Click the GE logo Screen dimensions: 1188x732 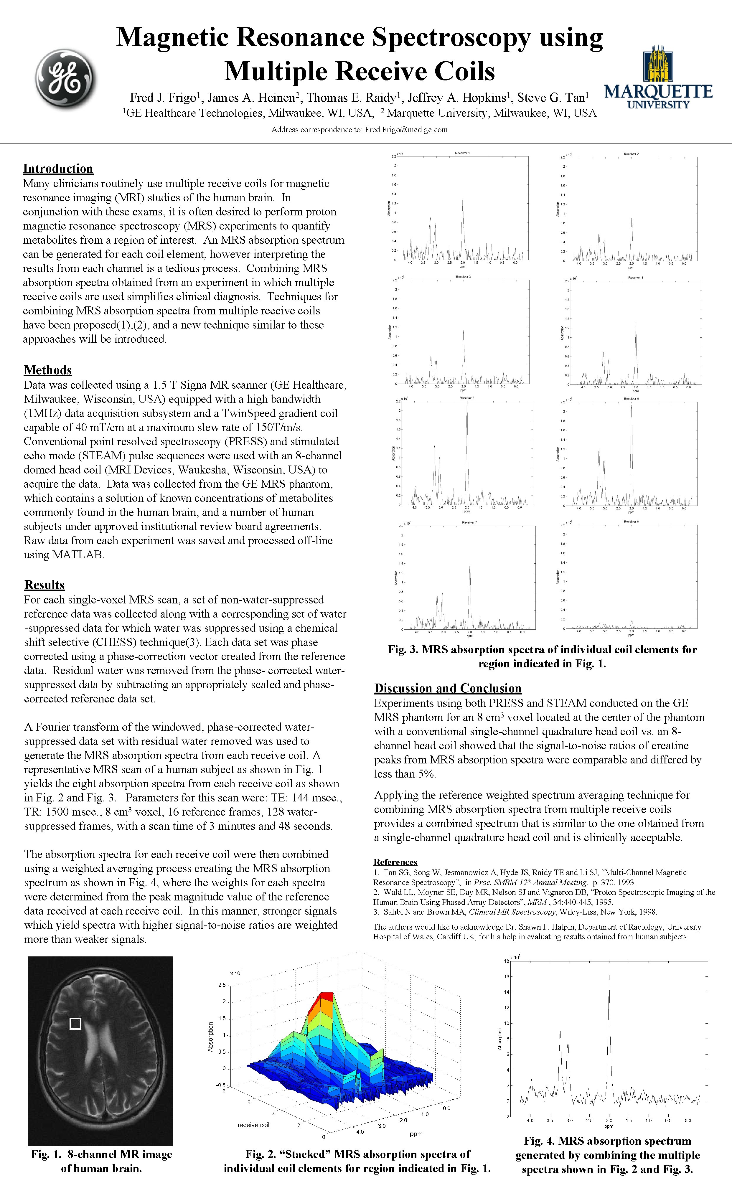point(65,78)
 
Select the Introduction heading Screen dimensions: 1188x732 point(58,169)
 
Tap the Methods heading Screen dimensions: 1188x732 point(48,370)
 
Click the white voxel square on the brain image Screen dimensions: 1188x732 point(75,1024)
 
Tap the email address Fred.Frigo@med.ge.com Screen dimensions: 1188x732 point(406,130)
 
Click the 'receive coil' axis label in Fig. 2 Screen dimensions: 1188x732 point(253,1125)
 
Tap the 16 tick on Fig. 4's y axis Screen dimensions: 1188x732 point(506,976)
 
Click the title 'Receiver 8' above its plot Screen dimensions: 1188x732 point(631,522)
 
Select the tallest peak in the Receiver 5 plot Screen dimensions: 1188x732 point(467,404)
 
